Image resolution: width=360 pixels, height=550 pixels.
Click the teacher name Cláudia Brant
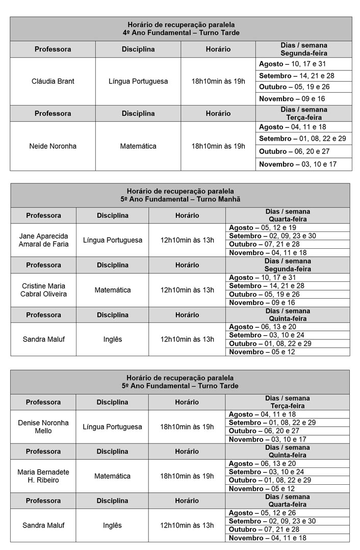(x=53, y=81)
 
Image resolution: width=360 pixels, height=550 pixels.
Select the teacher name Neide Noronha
(x=53, y=146)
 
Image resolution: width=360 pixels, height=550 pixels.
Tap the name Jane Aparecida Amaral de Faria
(x=43, y=240)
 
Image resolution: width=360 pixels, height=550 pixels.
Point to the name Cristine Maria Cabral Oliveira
(x=43, y=290)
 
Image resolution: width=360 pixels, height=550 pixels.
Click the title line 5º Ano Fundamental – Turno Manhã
(x=181, y=199)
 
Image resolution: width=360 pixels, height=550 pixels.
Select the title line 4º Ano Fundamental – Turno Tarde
(x=181, y=33)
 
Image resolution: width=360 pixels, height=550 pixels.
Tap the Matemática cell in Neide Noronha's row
(x=138, y=146)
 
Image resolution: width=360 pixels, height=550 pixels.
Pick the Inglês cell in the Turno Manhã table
(x=112, y=339)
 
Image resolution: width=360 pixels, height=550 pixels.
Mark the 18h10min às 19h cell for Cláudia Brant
(x=218, y=81)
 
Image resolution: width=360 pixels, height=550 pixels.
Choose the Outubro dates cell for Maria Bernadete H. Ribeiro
(x=270, y=480)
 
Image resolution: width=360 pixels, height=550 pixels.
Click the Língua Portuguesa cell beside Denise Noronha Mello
(x=112, y=427)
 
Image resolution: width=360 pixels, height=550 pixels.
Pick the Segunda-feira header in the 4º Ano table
(x=303, y=53)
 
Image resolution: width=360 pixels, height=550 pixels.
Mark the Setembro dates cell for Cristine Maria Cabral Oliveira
(x=266, y=286)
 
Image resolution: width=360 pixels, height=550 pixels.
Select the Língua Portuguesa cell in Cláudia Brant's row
(x=138, y=81)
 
